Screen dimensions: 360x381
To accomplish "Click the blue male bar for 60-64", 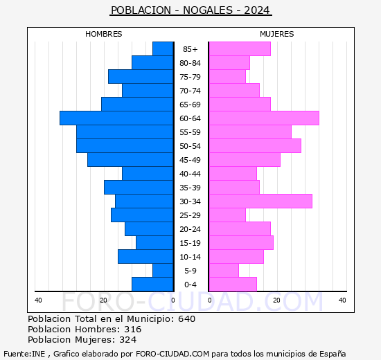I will [x=116, y=118].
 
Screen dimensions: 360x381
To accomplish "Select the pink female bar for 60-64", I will [x=263, y=118].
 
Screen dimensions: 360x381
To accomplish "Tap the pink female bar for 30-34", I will [x=260, y=201].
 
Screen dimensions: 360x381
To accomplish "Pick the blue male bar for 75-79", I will [x=141, y=76].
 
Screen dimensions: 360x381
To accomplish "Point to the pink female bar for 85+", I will [x=239, y=48].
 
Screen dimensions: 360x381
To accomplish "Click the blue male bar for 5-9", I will [x=163, y=270].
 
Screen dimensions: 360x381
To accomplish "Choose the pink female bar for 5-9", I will [x=223, y=270].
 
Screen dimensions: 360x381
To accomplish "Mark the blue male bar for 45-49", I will [x=130, y=159].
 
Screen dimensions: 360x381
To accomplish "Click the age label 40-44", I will [x=190, y=174].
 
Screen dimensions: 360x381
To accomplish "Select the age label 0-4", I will [x=190, y=285].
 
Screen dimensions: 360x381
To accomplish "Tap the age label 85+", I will [x=190, y=49].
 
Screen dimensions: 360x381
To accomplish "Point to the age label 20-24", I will [x=190, y=229].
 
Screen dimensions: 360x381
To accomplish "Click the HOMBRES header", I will [x=104, y=34].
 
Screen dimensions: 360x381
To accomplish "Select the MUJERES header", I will [x=277, y=34].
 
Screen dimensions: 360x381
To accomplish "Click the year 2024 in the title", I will [x=258, y=10].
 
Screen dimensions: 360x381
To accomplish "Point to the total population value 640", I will [x=186, y=319].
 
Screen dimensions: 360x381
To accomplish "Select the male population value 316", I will [x=132, y=330].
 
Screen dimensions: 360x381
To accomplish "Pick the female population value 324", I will [x=128, y=340].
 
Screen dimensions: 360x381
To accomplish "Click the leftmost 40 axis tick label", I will [x=38, y=300].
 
